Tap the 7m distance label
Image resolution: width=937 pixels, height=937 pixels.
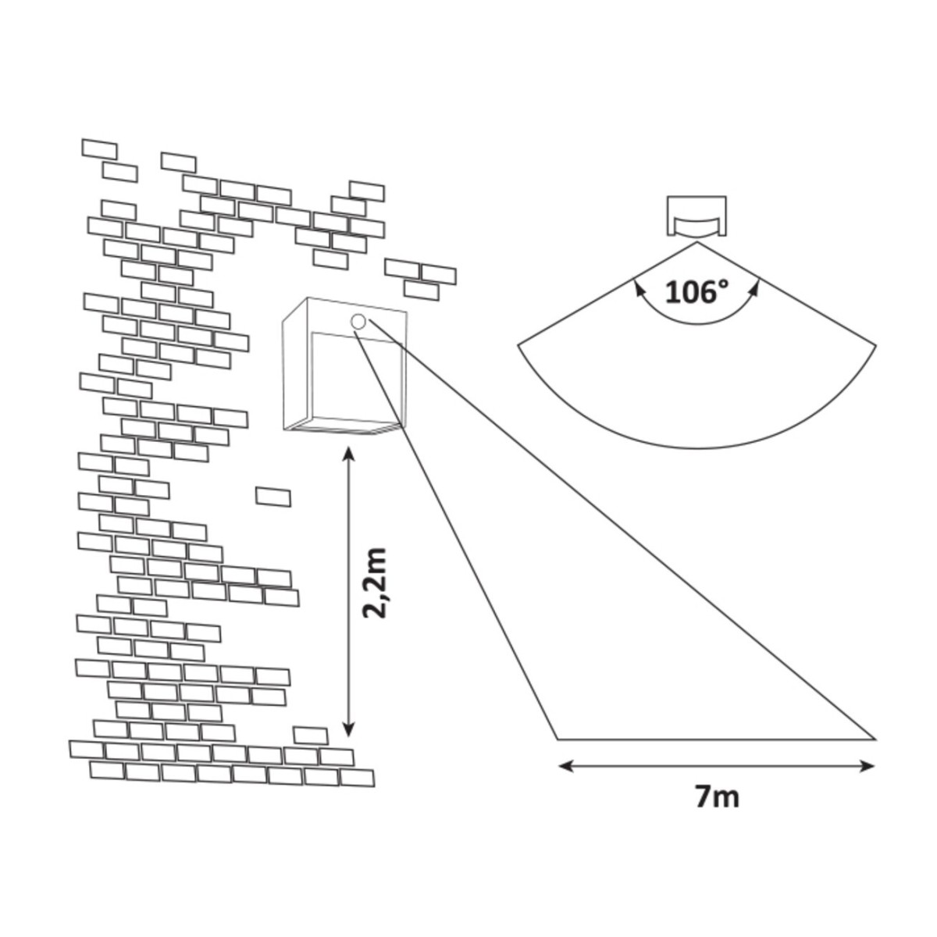(x=716, y=797)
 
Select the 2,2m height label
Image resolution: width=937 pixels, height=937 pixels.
(x=376, y=583)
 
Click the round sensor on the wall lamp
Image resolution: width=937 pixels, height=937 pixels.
(x=358, y=322)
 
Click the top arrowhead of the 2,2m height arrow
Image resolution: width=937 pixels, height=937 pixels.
(x=348, y=453)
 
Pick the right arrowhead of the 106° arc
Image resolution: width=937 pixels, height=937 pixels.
(x=754, y=289)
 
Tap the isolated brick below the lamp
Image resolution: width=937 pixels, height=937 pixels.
(x=273, y=497)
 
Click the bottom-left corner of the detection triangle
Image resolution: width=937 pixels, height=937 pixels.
(x=558, y=738)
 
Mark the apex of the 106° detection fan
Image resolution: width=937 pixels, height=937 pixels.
(x=696, y=243)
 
